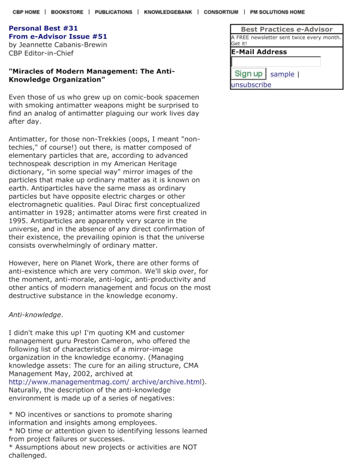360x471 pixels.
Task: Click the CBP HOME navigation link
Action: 26,12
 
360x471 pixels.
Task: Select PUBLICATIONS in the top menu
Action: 113,12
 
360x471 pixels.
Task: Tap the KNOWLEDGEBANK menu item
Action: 168,12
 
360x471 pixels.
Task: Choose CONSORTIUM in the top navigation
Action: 221,12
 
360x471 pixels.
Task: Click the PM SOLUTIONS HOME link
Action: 277,12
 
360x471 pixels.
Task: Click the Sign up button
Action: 248,74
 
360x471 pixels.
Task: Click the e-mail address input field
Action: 276,62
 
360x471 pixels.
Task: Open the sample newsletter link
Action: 282,75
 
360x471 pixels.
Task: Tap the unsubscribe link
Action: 251,85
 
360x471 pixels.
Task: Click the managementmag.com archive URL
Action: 105,382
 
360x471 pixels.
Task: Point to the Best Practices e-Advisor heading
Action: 286,29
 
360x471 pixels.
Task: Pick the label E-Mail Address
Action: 259,52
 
